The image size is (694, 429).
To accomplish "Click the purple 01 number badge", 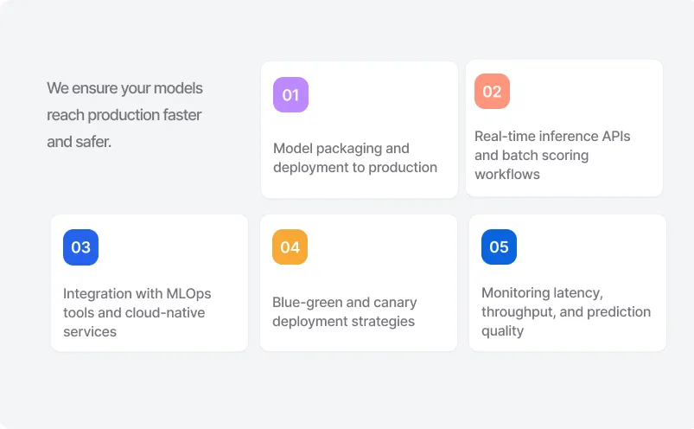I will point(290,95).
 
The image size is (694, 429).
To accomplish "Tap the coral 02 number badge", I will point(492,92).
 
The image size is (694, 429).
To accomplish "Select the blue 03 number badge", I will point(80,247).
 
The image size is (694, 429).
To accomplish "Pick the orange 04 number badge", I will point(290,247).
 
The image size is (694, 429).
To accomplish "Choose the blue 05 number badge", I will point(499,247).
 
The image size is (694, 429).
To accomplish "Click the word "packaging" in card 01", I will point(346,149).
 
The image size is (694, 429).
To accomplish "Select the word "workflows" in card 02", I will point(507,175).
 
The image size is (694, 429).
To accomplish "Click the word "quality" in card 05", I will point(503,331).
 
